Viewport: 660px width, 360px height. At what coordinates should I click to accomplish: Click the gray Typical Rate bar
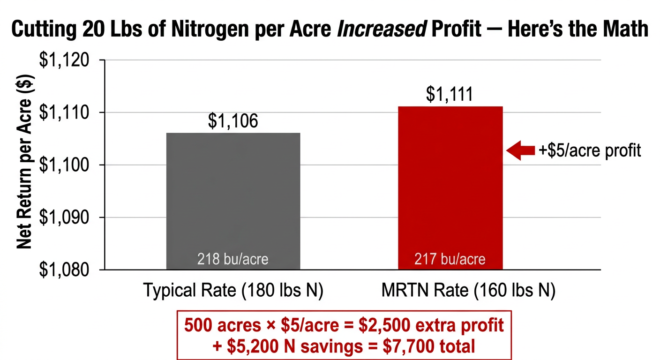point(233,197)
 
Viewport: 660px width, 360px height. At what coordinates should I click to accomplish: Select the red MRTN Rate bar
point(450,187)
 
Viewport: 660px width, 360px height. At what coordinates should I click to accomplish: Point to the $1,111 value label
point(450,95)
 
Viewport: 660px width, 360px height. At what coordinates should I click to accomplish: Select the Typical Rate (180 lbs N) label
point(233,291)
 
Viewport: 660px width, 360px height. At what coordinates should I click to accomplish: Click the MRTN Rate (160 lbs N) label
point(468,291)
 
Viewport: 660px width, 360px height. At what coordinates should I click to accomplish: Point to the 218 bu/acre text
point(233,259)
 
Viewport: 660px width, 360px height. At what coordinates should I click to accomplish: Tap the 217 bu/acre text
point(450,259)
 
